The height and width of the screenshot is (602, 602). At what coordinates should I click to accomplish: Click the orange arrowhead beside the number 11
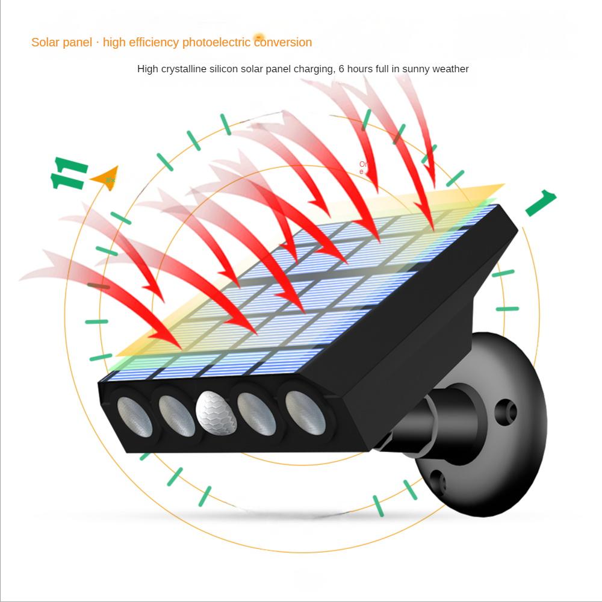click(105, 179)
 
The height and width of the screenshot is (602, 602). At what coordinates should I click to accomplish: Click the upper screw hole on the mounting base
click(506, 412)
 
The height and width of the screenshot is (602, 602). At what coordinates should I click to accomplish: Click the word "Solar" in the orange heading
click(45, 42)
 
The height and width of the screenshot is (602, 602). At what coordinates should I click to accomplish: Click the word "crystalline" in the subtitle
click(184, 69)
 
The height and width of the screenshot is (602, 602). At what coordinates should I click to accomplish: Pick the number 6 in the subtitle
click(342, 69)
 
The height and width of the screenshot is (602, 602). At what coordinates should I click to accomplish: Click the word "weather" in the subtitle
click(448, 69)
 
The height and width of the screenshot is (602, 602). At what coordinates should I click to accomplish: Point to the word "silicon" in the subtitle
click(224, 69)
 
